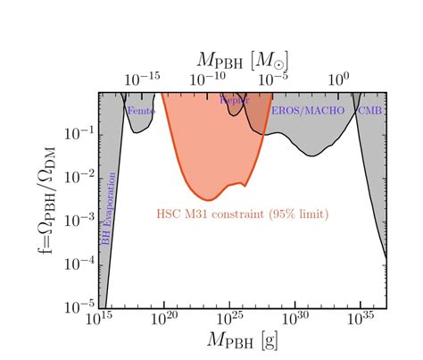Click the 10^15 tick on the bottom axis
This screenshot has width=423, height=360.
[x=98, y=318]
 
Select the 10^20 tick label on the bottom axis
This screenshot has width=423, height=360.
[x=164, y=318]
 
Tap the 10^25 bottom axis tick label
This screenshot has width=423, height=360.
[x=230, y=318]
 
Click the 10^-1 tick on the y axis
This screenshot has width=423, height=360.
[x=80, y=134]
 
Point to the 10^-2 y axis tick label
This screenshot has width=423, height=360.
[x=80, y=177]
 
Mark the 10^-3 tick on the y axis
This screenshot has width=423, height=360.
[x=80, y=220]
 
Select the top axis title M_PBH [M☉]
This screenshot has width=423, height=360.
[x=243, y=60]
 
